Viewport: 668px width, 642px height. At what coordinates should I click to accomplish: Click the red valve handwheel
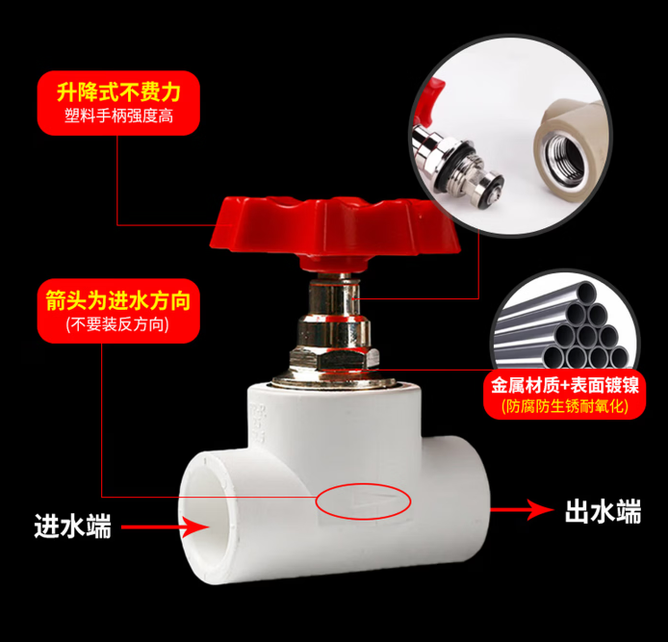coord(334,232)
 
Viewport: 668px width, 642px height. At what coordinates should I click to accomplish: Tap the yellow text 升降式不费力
coord(118,92)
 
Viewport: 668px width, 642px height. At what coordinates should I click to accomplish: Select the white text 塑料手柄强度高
coord(118,116)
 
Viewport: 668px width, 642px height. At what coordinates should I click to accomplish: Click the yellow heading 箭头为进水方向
coord(118,300)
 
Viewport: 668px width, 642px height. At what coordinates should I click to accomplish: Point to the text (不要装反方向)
coord(117,324)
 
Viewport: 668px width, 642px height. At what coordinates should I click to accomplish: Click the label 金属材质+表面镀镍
coord(565,385)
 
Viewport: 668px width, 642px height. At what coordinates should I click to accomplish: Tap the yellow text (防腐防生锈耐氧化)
coord(565,406)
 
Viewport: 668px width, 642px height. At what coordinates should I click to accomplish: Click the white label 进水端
coord(73,526)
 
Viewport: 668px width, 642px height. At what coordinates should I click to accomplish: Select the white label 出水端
coord(603,511)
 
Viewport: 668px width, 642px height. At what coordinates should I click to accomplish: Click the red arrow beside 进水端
coord(166,526)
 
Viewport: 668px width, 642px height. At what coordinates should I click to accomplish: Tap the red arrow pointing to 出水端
coord(522,509)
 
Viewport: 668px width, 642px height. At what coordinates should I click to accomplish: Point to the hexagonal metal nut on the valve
coord(334,359)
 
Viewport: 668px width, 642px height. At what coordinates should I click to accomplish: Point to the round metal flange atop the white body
coord(333,379)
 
